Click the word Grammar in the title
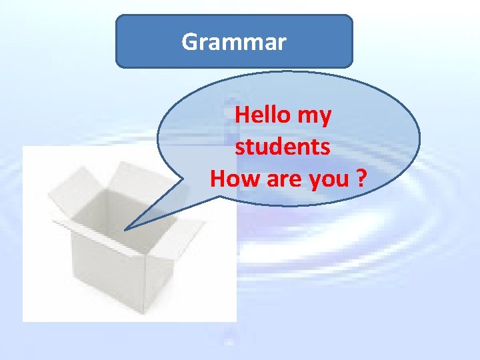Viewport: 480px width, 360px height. tap(234, 43)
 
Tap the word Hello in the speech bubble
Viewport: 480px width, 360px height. tap(262, 115)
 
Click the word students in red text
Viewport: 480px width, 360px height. tap(282, 147)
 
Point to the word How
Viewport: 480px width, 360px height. tap(231, 179)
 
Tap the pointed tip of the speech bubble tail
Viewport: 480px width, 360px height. tap(125, 229)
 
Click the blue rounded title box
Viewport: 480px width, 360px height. tap(234, 41)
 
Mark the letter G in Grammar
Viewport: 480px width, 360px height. tap(189, 43)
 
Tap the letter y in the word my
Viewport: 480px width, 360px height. tap(323, 118)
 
